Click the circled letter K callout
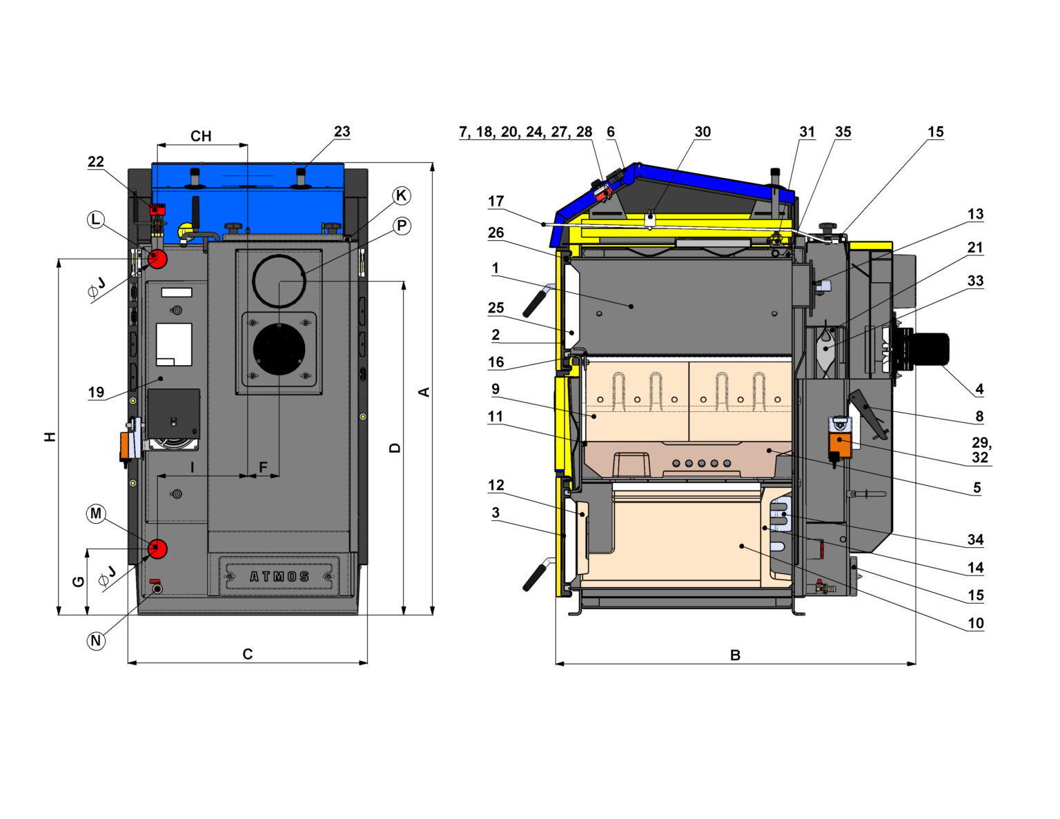point(401,195)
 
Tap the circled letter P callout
point(401,226)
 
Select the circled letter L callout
point(95,220)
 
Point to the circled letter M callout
point(96,513)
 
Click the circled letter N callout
point(96,640)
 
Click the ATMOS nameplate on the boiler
point(279,576)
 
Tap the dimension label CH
point(201,136)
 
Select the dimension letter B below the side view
point(735,655)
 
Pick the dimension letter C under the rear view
point(247,654)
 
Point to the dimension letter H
point(50,437)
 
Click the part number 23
point(342,131)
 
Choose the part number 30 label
point(703,132)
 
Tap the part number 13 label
point(975,214)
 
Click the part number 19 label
point(96,392)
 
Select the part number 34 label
point(975,540)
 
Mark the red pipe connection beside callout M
point(157,549)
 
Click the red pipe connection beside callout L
point(157,259)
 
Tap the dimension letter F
point(263,467)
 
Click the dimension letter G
point(79,581)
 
